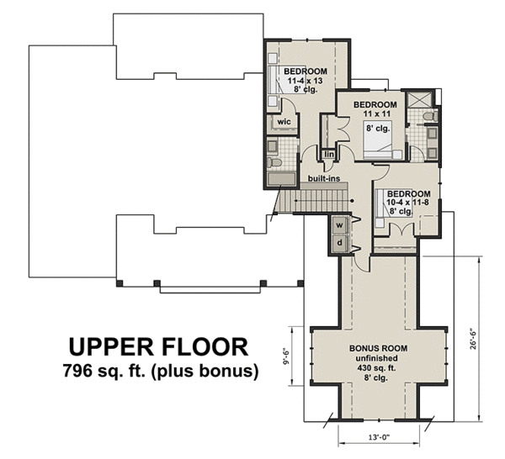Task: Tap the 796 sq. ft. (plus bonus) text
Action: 158,370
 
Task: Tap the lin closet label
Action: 328,155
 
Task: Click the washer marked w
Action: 340,225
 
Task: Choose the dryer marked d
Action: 340,244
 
